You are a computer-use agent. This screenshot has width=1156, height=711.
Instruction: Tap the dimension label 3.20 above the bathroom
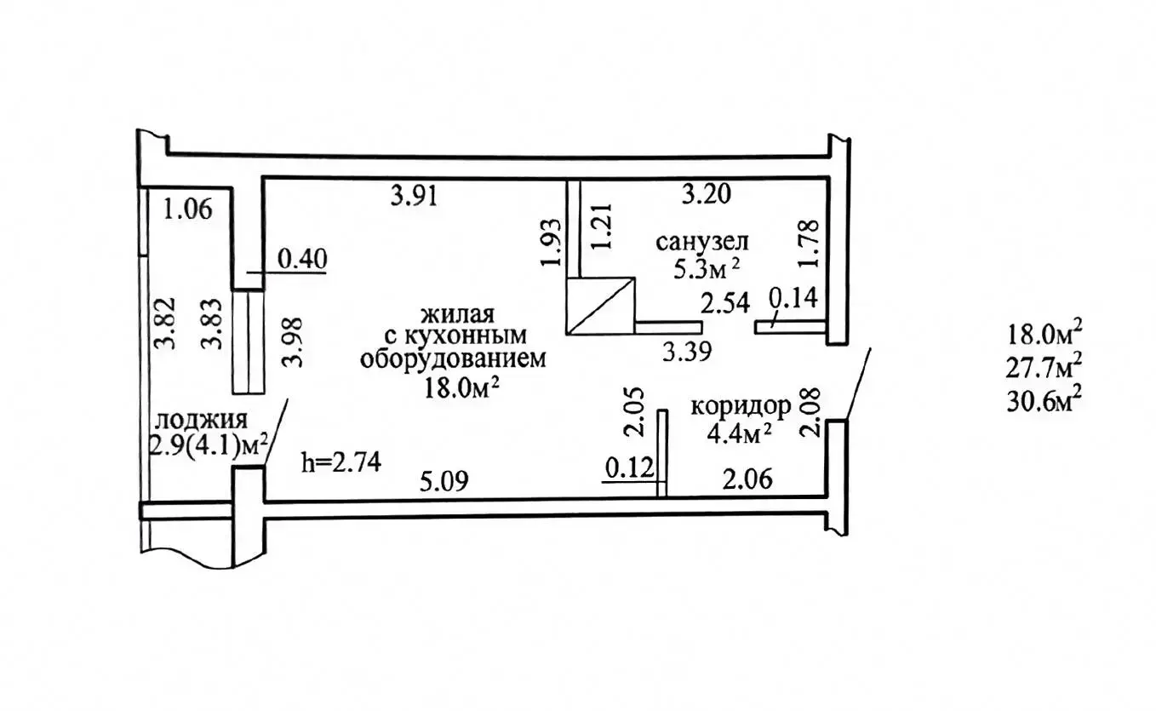[707, 195]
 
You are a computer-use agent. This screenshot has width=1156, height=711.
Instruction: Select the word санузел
[701, 241]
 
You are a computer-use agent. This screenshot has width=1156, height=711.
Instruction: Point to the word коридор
[741, 406]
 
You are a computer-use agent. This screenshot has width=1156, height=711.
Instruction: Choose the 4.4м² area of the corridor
[739, 434]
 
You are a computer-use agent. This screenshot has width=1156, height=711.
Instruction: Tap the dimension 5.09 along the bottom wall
[444, 481]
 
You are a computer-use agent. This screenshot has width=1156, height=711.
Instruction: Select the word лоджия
[202, 419]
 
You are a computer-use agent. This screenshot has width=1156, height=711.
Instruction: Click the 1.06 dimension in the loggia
[187, 209]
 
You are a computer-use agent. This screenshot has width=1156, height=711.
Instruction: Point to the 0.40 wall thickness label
[303, 259]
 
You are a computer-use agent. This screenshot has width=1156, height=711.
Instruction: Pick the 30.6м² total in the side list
[1044, 402]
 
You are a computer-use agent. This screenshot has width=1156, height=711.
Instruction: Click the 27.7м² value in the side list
[1044, 368]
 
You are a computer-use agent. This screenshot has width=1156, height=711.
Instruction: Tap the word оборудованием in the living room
[452, 359]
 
